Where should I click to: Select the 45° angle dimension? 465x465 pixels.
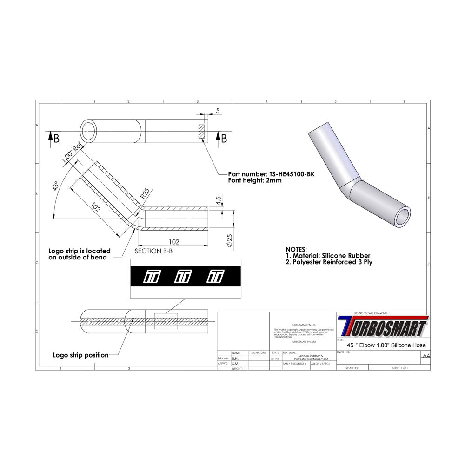[56, 186]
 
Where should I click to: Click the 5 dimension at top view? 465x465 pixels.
[218, 111]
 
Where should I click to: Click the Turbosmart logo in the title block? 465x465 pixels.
[383, 326]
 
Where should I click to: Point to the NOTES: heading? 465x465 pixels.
[296, 249]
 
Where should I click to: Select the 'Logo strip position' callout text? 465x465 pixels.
[80, 355]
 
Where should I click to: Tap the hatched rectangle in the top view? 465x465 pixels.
[201, 132]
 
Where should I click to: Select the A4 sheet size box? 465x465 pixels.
[425, 356]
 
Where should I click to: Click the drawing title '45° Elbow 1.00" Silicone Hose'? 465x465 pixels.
[386, 345]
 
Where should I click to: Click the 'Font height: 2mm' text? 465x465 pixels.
[254, 181]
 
